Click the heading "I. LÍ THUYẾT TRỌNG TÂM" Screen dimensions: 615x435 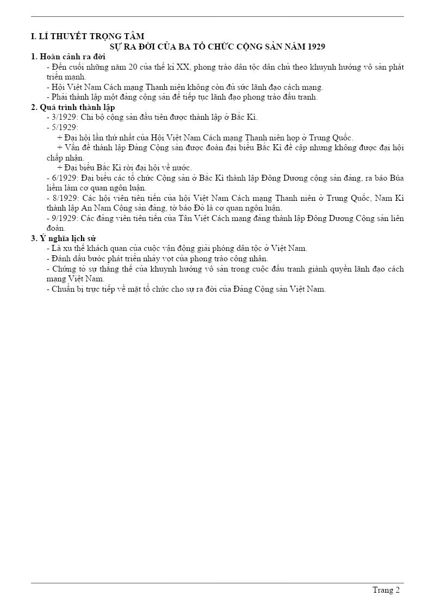88,36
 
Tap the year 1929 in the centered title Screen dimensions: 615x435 316,47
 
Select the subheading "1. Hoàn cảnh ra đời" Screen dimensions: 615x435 68,57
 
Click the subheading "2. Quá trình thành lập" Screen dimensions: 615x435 73,107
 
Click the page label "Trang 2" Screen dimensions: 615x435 386,590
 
